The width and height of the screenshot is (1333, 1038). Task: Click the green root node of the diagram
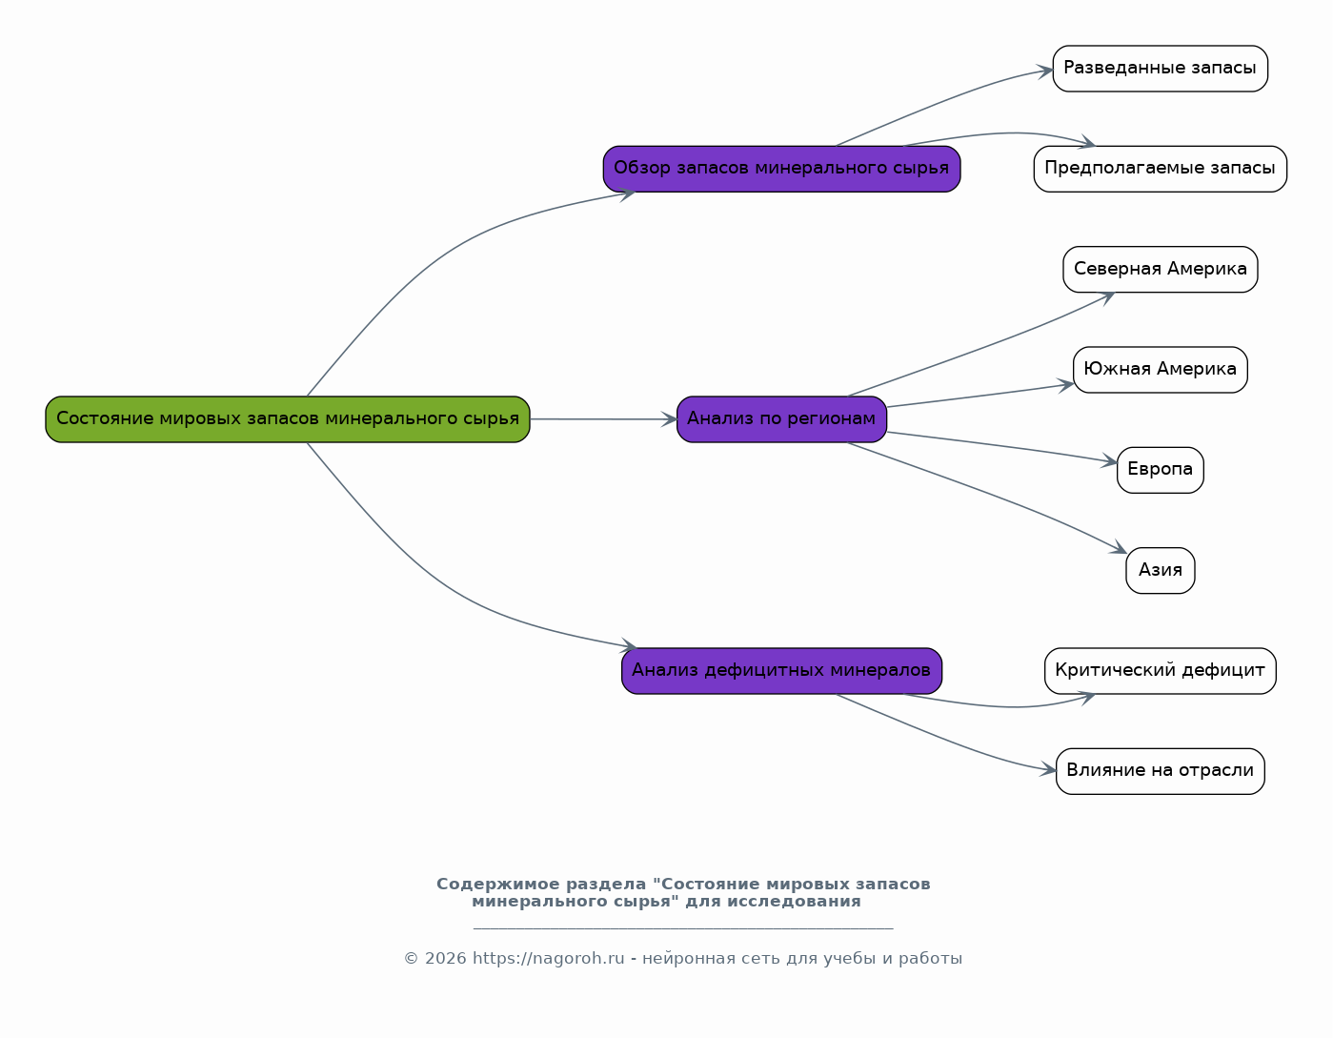point(287,419)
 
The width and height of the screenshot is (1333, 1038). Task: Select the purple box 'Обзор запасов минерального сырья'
point(781,169)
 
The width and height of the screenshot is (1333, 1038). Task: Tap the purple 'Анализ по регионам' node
point(781,419)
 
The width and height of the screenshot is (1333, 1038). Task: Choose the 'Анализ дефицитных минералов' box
point(781,670)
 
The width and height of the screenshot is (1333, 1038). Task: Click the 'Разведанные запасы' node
point(1160,69)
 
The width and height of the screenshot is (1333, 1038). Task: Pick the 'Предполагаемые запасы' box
point(1160,169)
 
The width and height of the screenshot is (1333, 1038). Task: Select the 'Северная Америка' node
point(1160,270)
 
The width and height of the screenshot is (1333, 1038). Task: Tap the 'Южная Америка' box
point(1160,369)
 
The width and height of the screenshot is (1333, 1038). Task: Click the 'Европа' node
point(1160,470)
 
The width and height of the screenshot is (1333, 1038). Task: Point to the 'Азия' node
point(1160,571)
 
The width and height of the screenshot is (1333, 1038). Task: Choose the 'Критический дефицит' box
point(1160,670)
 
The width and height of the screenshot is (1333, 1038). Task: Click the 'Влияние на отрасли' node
point(1160,771)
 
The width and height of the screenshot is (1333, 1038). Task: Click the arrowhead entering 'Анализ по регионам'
point(669,419)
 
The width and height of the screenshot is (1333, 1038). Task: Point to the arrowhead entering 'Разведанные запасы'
point(1045,71)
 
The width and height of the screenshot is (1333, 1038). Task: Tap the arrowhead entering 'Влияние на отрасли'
point(1048,769)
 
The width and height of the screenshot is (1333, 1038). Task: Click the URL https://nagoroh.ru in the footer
point(548,958)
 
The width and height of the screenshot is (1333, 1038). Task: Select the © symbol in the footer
point(411,958)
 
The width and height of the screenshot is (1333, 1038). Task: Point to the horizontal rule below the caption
point(683,928)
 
